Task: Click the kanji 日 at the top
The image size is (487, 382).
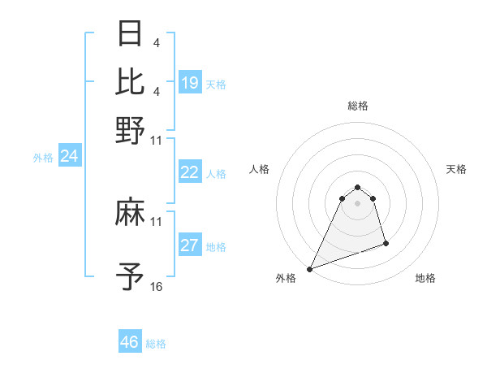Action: point(131,34)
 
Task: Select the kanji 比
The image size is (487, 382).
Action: point(131,81)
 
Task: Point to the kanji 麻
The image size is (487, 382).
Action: point(131,214)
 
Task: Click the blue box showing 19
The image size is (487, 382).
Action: point(190,82)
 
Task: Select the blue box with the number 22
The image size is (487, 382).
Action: point(190,171)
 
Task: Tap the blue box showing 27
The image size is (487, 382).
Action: point(190,245)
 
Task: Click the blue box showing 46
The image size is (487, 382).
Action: point(130,342)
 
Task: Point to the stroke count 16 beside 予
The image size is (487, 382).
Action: point(157,287)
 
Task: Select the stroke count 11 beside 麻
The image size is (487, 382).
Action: point(157,222)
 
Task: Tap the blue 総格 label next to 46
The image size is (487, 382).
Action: point(156,344)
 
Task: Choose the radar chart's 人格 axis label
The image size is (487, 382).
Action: point(260,169)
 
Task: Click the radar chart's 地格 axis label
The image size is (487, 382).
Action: point(425,279)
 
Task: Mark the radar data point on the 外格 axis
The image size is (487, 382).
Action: point(309,268)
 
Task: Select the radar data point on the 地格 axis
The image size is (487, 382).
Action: point(386,243)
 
